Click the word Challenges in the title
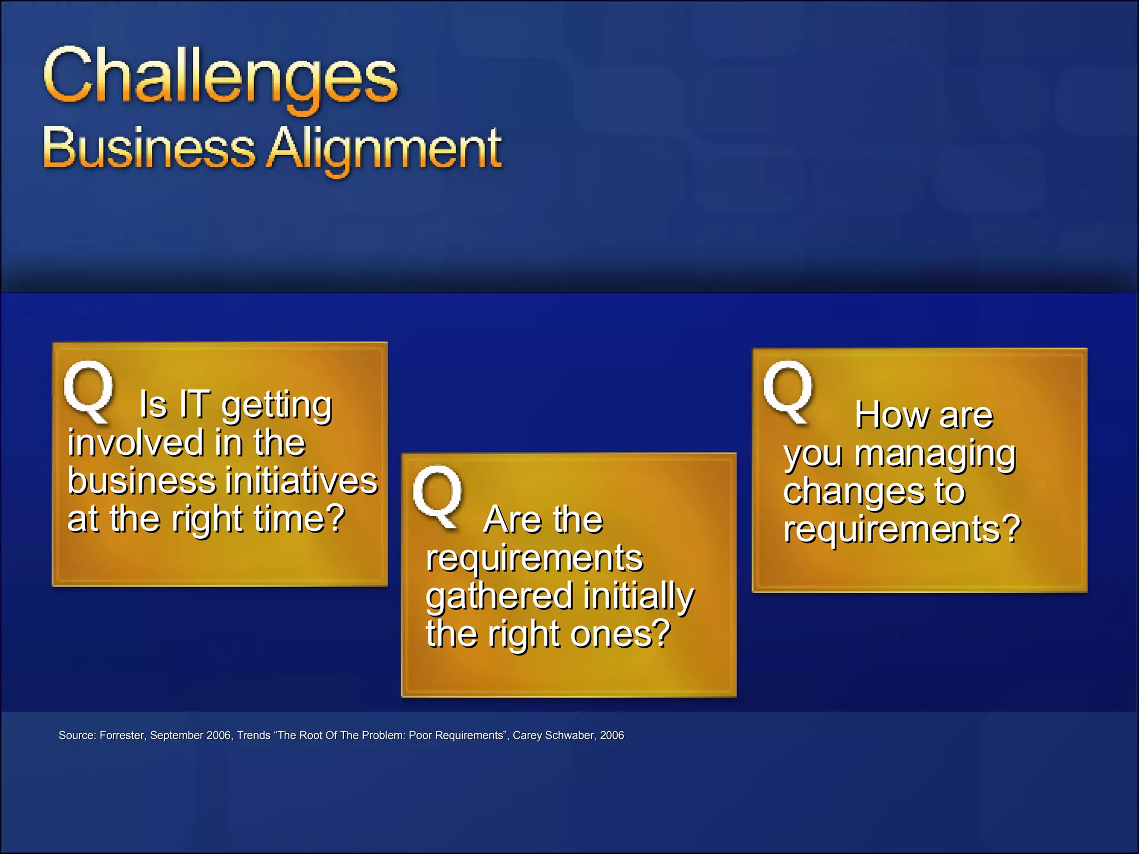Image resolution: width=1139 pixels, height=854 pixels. [x=220, y=77]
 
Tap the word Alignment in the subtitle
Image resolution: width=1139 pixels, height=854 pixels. [x=384, y=149]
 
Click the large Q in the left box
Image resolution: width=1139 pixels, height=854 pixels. [x=89, y=389]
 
